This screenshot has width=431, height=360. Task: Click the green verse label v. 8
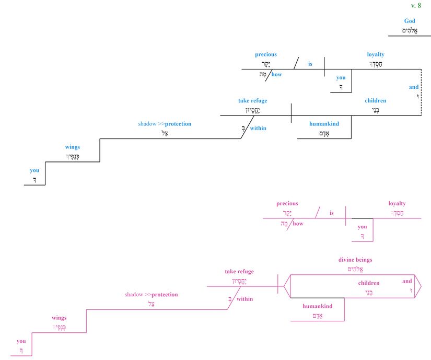pyautogui.click(x=416, y=5)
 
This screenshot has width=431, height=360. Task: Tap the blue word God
pyautogui.click(x=410, y=21)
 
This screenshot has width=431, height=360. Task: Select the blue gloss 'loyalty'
pyautogui.click(x=376, y=54)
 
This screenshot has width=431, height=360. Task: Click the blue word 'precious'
pyautogui.click(x=266, y=54)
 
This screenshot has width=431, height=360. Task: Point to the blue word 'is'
pyautogui.click(x=310, y=64)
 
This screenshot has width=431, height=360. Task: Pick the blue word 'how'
pyautogui.click(x=276, y=74)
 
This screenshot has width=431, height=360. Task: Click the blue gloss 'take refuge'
pyautogui.click(x=253, y=100)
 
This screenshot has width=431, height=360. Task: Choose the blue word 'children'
pyautogui.click(x=376, y=100)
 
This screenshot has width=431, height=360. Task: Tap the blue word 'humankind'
pyautogui.click(x=324, y=124)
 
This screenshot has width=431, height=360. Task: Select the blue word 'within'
pyautogui.click(x=258, y=128)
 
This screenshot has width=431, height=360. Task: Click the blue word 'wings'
pyautogui.click(x=73, y=147)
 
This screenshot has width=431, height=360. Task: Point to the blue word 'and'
pyautogui.click(x=414, y=87)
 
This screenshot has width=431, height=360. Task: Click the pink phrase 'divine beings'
pyautogui.click(x=355, y=260)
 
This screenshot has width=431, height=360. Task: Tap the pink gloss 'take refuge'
pyautogui.click(x=239, y=271)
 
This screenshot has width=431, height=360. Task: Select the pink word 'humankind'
pyautogui.click(x=318, y=306)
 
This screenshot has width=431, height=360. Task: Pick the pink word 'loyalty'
pyautogui.click(x=397, y=203)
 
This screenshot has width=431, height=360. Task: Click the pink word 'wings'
pyautogui.click(x=59, y=318)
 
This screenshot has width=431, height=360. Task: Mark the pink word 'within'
pyautogui.click(x=244, y=299)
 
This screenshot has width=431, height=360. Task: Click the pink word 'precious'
pyautogui.click(x=287, y=203)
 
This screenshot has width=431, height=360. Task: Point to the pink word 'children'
pyautogui.click(x=369, y=283)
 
